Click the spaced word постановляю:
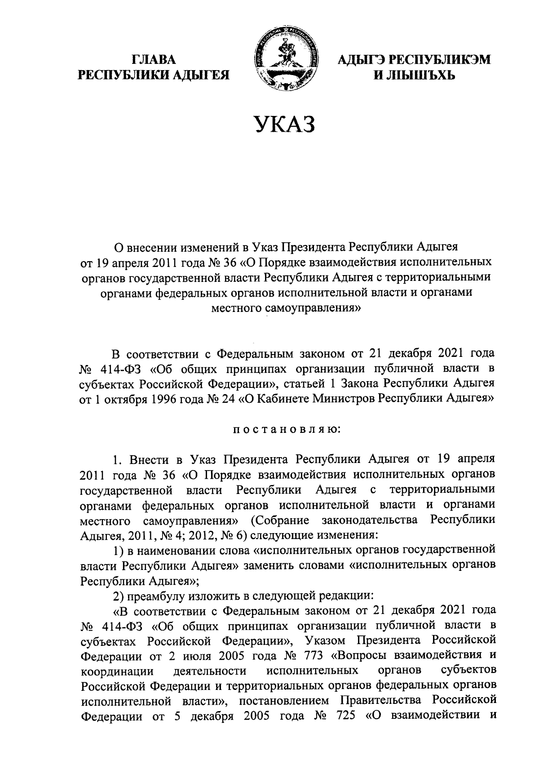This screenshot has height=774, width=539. coord(287,430)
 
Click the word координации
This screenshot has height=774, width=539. coord(118,671)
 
